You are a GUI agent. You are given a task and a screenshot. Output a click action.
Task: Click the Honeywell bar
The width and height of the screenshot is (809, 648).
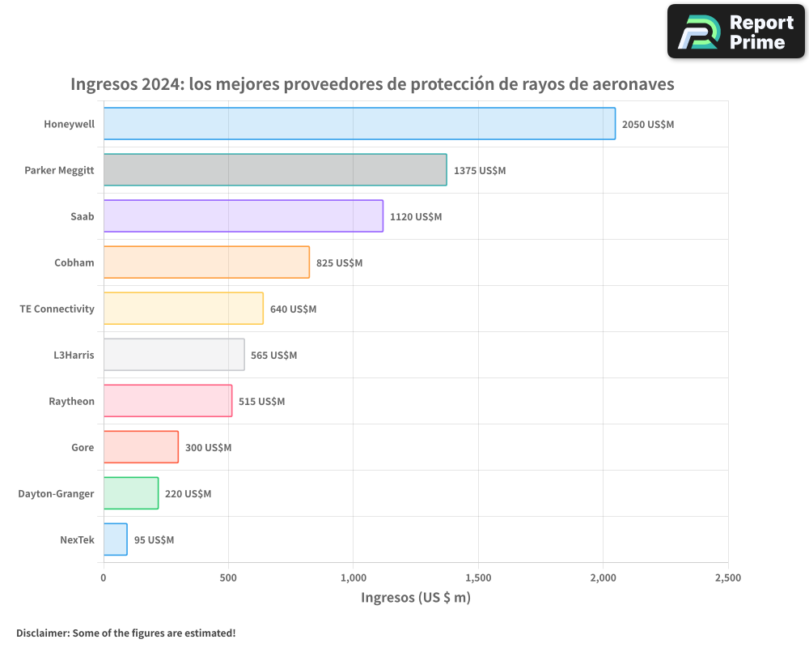pyautogui.click(x=359, y=124)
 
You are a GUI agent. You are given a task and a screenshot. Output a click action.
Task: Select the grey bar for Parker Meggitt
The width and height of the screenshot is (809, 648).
pyautogui.click(x=275, y=170)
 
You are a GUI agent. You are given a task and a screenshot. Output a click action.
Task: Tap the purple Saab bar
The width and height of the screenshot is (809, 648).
pyautogui.click(x=243, y=216)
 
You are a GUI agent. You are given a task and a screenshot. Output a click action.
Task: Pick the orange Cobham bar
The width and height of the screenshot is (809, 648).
pyautogui.click(x=206, y=262)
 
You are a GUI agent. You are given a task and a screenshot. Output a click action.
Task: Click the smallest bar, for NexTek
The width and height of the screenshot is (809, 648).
pyautogui.click(x=115, y=539)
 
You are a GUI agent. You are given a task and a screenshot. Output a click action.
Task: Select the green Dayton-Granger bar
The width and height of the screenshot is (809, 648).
pyautogui.click(x=131, y=493)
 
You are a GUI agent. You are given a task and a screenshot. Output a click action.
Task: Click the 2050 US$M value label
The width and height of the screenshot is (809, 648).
pyautogui.click(x=648, y=125)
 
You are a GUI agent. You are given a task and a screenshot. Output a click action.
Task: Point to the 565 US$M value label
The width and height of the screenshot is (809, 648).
pyautogui.click(x=274, y=356)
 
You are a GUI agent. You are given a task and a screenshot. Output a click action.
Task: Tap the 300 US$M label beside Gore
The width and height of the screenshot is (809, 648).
pyautogui.click(x=208, y=448)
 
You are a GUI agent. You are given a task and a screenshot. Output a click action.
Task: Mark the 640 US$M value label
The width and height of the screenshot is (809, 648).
pyautogui.click(x=293, y=309)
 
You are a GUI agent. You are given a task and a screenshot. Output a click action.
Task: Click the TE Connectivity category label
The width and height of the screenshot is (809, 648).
pyautogui.click(x=57, y=309)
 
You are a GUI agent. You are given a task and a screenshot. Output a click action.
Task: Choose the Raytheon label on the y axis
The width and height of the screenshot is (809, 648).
pyautogui.click(x=71, y=401)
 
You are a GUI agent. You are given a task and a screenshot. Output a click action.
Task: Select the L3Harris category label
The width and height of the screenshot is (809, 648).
pyautogui.click(x=73, y=355)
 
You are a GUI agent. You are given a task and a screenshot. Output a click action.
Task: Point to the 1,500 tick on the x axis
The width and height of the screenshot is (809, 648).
pyautogui.click(x=478, y=578)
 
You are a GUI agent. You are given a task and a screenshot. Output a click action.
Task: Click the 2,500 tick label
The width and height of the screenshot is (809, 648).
pyautogui.click(x=727, y=578)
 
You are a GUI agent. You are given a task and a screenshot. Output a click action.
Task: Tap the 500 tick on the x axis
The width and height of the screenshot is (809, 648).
pyautogui.click(x=228, y=578)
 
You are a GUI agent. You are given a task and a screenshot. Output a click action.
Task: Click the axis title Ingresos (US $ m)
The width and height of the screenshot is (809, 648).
pyautogui.click(x=415, y=598)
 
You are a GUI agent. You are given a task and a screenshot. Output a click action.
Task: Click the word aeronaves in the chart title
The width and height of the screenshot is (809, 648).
pyautogui.click(x=633, y=84)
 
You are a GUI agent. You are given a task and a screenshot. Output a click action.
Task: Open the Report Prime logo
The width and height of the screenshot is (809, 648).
pyautogui.click(x=735, y=32)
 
